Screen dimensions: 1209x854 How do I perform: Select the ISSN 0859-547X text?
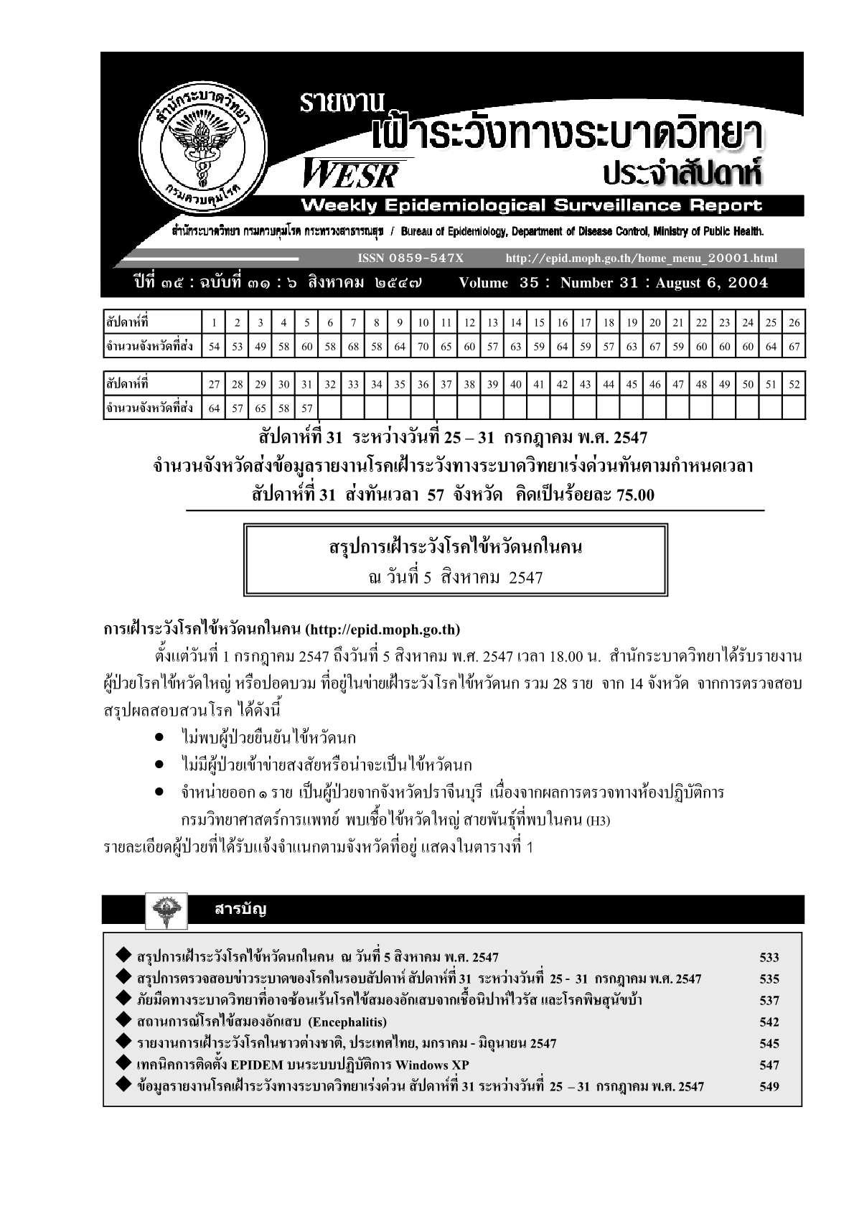[410, 258]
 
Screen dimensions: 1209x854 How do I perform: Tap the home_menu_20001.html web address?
[641, 258]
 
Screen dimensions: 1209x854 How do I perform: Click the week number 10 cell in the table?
[423, 322]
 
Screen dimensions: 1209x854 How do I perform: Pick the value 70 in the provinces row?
[423, 347]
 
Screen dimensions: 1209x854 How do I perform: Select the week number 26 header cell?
[793, 322]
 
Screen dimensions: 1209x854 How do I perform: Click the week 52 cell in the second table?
[793, 384]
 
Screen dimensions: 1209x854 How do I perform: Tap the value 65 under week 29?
[261, 409]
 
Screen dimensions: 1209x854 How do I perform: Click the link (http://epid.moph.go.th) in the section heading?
[382, 630]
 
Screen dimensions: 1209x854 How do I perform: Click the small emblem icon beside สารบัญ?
[166, 909]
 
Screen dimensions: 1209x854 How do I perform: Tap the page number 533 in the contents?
[769, 957]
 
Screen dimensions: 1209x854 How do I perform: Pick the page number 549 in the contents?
[769, 1086]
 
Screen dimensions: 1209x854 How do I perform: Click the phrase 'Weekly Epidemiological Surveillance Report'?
[531, 206]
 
